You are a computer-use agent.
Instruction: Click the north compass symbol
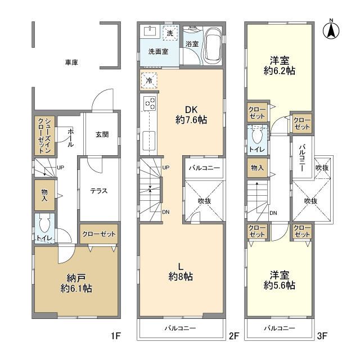click(x=331, y=30)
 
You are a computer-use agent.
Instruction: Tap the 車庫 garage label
click(x=71, y=62)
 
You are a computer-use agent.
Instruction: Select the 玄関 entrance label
click(x=102, y=134)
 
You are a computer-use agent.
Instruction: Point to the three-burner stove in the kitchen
click(x=149, y=103)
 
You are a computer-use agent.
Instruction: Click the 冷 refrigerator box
click(x=149, y=80)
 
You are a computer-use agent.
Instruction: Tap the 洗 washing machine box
click(x=170, y=33)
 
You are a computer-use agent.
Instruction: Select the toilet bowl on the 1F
click(x=44, y=225)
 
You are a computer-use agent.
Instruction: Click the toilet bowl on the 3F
click(x=257, y=136)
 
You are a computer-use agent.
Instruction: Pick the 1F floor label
click(x=116, y=336)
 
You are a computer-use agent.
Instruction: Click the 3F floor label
click(x=322, y=336)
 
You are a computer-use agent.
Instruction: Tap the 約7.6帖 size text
click(x=191, y=120)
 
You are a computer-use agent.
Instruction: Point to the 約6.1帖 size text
click(x=76, y=289)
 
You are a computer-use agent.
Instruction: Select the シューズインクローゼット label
click(x=44, y=136)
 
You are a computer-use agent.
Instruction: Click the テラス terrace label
click(x=99, y=191)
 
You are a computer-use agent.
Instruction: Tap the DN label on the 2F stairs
click(x=166, y=212)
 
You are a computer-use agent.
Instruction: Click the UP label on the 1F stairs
click(x=60, y=168)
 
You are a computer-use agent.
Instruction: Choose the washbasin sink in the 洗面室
click(x=150, y=31)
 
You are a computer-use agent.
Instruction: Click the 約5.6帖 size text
click(x=280, y=285)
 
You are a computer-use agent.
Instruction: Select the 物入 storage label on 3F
click(x=257, y=168)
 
